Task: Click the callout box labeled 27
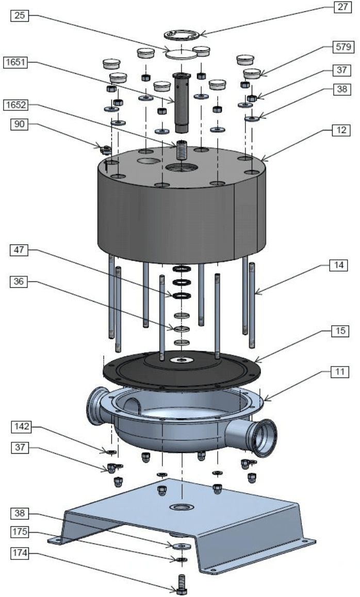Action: click(x=341, y=8)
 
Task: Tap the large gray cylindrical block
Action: click(x=181, y=211)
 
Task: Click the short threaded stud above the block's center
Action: click(x=182, y=150)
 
